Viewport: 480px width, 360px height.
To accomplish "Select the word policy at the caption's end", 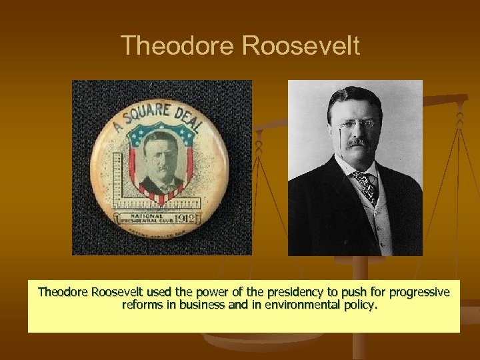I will [x=360, y=306].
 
